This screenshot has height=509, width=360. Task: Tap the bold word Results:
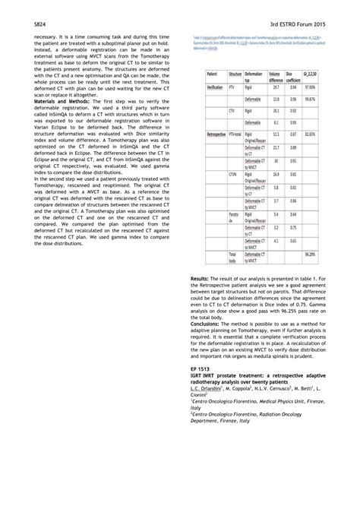pyautogui.click(x=202, y=302)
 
